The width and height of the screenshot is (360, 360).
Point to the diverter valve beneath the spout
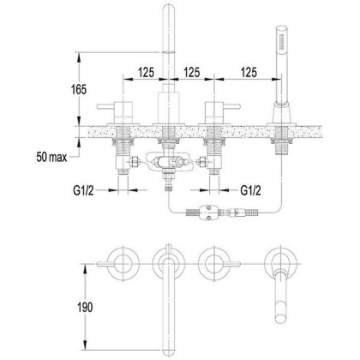pos(168,163)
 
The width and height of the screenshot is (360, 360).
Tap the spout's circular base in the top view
pos(167,261)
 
